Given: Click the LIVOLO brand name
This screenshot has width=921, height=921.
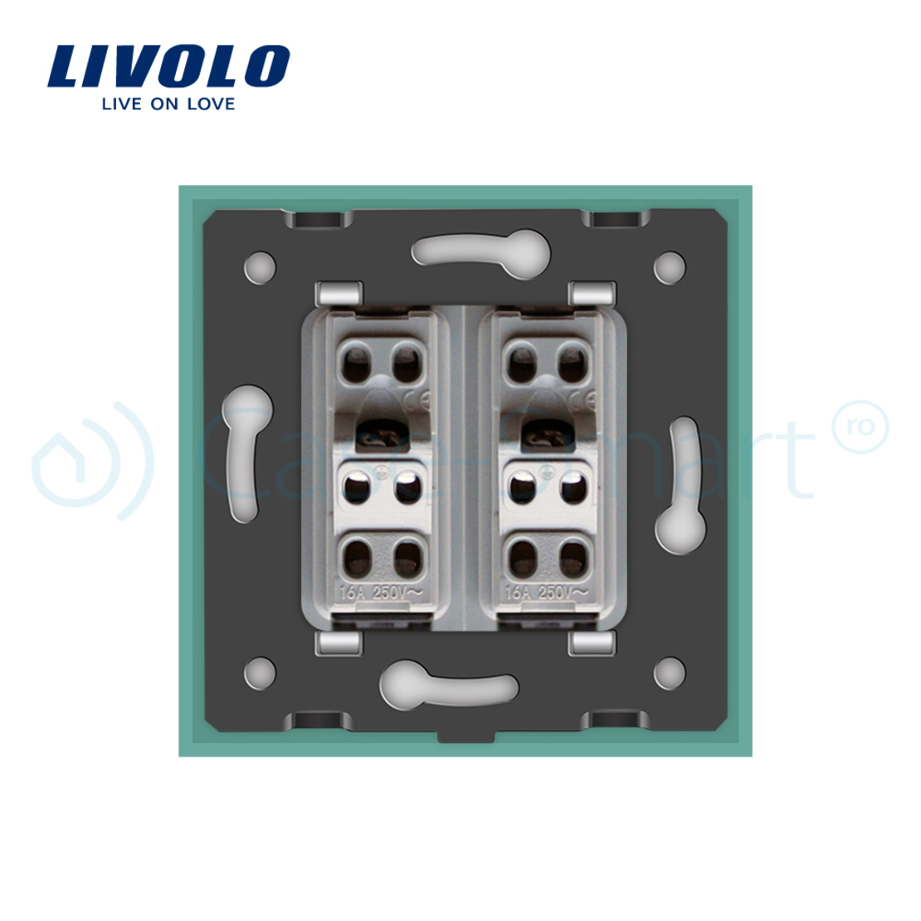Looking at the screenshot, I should coord(168,66).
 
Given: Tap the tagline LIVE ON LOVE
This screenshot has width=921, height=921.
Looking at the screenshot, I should coord(168,105).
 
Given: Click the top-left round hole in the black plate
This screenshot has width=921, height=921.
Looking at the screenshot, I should coord(260,266).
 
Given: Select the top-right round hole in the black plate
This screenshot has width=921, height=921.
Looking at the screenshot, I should coord(670,266).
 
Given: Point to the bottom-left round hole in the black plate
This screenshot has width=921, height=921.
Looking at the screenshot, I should coord(260,670).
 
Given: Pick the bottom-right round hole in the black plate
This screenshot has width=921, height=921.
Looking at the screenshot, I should coord(670,670).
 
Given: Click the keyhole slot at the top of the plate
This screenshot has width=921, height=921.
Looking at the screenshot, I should coord(481,248).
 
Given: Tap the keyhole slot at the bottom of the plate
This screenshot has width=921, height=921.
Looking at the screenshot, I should coord(448,686).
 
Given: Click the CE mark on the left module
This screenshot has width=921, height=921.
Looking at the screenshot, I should coord(418,403).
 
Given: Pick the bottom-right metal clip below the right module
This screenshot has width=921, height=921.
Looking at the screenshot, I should coord(592,642).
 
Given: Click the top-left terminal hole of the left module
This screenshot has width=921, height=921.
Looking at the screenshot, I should coord(358,358).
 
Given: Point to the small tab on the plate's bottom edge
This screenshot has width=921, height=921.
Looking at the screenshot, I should coord(465,733).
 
